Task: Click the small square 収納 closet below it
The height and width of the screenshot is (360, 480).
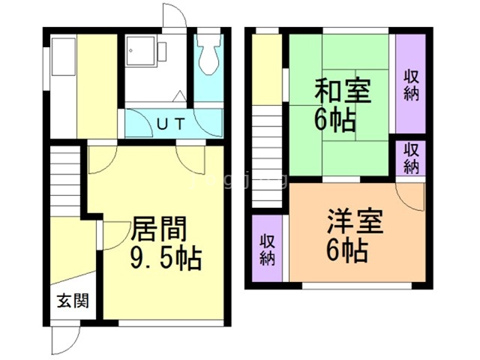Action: click(411, 158)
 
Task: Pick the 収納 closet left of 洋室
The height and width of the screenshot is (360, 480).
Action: click(268, 249)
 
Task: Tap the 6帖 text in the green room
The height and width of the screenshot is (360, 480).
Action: click(335, 119)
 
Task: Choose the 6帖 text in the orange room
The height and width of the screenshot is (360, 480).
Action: click(346, 250)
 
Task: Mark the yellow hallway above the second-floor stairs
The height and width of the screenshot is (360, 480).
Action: click(267, 67)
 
